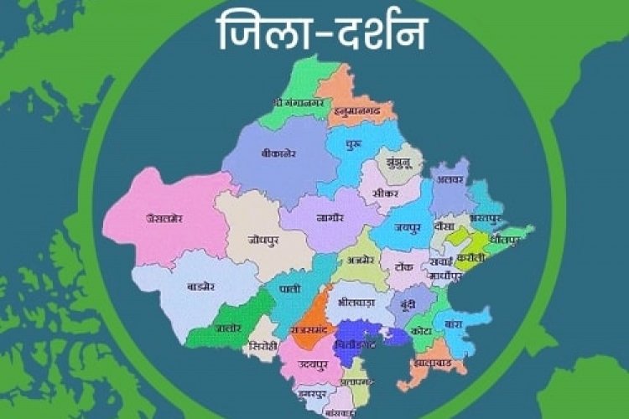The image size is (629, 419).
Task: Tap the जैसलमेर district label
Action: [164, 218]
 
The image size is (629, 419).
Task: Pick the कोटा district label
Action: [421, 331]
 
